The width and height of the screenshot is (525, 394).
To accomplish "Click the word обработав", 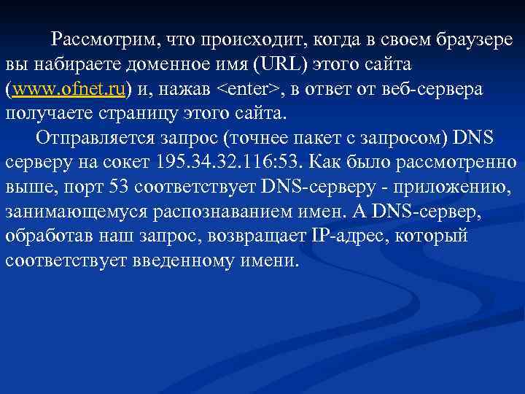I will click(47, 236).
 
